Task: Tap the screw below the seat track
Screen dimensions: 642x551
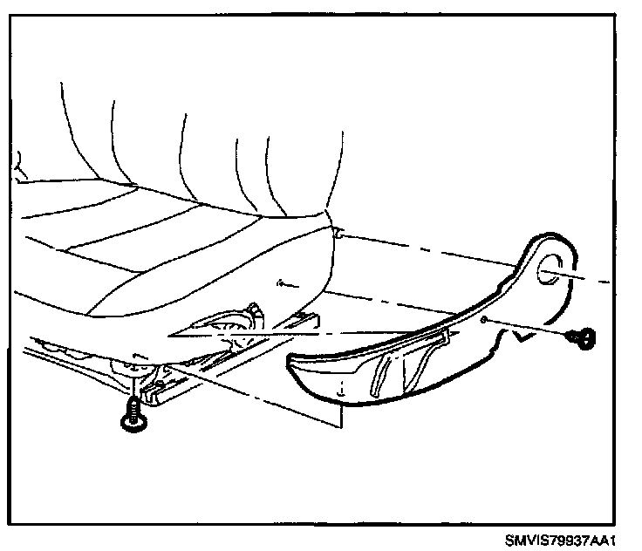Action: [x=131, y=415]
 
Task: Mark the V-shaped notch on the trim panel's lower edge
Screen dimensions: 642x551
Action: [x=525, y=335]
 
